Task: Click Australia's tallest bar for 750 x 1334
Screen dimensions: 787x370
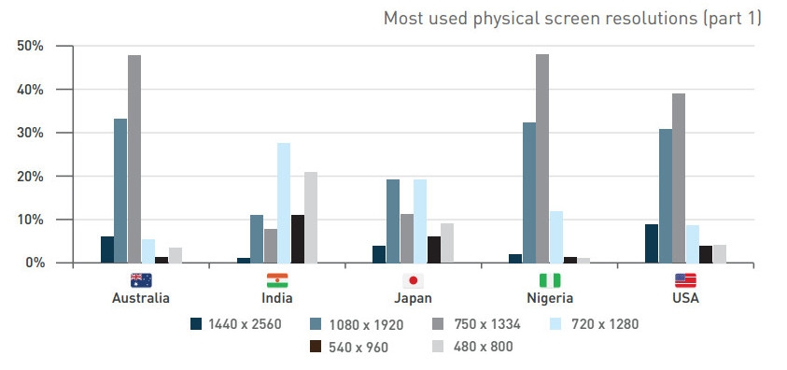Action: point(134,159)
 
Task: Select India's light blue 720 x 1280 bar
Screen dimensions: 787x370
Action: point(284,203)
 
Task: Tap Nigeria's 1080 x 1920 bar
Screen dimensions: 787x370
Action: point(529,192)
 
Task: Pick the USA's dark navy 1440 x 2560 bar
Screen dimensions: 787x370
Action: point(652,244)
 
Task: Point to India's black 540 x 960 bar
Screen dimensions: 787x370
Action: point(298,239)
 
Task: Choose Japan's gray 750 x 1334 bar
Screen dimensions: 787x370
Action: point(407,238)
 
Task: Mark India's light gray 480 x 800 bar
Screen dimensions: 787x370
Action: point(311,218)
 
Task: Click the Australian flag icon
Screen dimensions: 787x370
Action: point(141,280)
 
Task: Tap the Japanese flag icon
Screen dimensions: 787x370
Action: point(413,280)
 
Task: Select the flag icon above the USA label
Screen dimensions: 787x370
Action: point(685,280)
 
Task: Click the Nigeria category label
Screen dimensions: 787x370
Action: point(550,298)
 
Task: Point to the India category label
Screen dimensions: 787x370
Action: point(277,298)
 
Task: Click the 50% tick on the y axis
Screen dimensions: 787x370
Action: point(31,46)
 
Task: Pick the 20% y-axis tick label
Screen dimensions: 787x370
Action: point(31,177)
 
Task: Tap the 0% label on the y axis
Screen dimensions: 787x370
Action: point(35,263)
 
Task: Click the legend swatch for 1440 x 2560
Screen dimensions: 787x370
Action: point(196,324)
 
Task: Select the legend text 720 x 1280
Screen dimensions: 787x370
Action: point(605,324)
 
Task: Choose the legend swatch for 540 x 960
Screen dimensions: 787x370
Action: point(316,346)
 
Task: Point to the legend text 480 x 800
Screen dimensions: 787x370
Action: point(483,347)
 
